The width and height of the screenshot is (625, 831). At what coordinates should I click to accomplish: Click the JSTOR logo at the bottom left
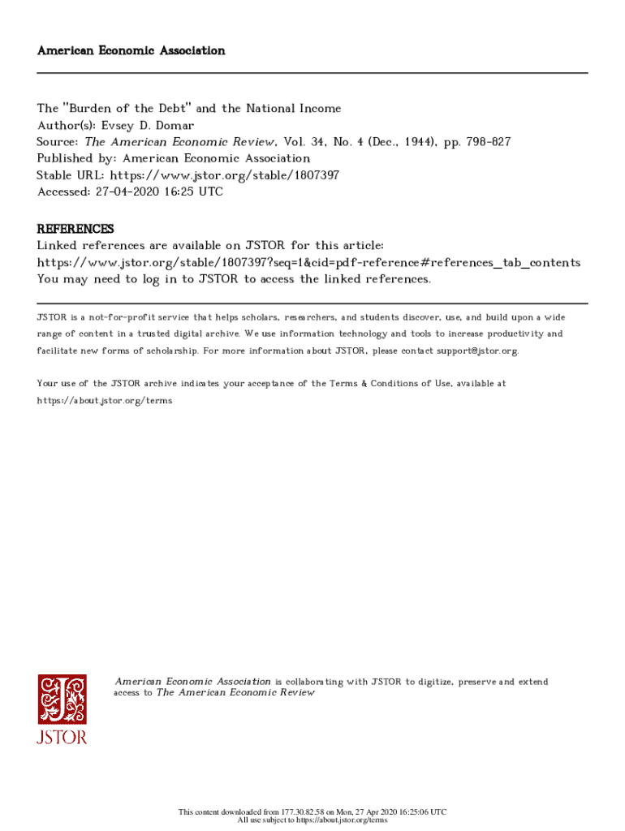(62, 708)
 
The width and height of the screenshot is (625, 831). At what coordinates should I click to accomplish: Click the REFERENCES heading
(75, 229)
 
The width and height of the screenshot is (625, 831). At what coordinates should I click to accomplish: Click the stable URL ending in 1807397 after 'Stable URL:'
(225, 175)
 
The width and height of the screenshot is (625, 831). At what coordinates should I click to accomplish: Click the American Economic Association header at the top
(131, 50)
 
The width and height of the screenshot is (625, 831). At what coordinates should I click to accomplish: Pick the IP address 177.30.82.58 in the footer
(303, 812)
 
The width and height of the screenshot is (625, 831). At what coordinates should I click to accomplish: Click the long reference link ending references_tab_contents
(308, 263)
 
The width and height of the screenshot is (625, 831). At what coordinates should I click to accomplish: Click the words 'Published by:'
(75, 159)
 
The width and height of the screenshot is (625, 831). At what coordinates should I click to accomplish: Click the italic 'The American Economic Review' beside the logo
(235, 693)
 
